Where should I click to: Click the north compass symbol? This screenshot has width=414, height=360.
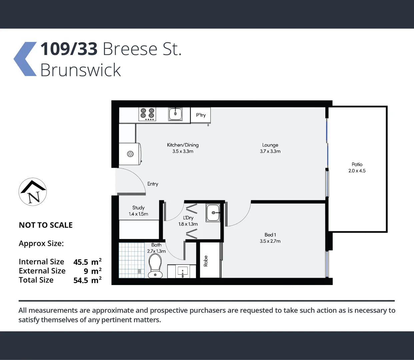pyautogui.click(x=33, y=192)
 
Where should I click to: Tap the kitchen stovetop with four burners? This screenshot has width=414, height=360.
pyautogui.click(x=147, y=114)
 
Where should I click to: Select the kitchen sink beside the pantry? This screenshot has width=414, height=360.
pyautogui.click(x=175, y=114)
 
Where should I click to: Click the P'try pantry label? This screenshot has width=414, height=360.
pyautogui.click(x=201, y=115)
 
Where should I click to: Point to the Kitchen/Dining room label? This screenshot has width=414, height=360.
pyautogui.click(x=183, y=145)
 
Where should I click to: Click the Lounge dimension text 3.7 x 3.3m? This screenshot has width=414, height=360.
pyautogui.click(x=270, y=151)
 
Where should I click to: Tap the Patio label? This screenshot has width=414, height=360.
pyautogui.click(x=357, y=164)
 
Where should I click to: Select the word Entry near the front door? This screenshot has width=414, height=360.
pyautogui.click(x=153, y=184)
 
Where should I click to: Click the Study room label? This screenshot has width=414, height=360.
pyautogui.click(x=138, y=208)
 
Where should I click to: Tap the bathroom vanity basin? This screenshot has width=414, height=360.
pyautogui.click(x=182, y=271)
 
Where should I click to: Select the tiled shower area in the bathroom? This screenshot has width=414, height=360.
pyautogui.click(x=131, y=260)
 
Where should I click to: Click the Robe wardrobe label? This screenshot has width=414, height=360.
pyautogui.click(x=206, y=261)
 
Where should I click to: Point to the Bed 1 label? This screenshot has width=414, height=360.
pyautogui.click(x=270, y=235)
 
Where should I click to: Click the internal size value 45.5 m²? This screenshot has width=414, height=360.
pyautogui.click(x=87, y=262)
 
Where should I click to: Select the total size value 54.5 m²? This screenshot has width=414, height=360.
pyautogui.click(x=87, y=280)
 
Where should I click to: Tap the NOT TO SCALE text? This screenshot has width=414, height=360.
pyautogui.click(x=46, y=225)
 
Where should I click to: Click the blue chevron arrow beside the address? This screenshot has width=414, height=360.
pyautogui.click(x=25, y=59)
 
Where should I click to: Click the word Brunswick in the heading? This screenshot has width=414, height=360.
pyautogui.click(x=80, y=70)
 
